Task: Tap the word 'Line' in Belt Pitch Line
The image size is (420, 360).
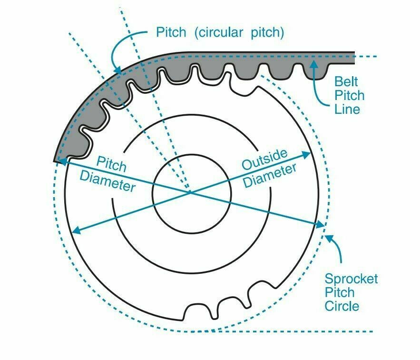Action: pos(347,109)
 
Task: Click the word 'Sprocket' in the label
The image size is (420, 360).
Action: pos(351,279)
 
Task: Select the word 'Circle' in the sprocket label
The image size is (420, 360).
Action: pos(342,306)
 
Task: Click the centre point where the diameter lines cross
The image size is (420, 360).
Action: pos(190,192)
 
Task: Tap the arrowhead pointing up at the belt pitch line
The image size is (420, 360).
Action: pos(313,62)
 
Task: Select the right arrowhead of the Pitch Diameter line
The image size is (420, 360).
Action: pos(322,224)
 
